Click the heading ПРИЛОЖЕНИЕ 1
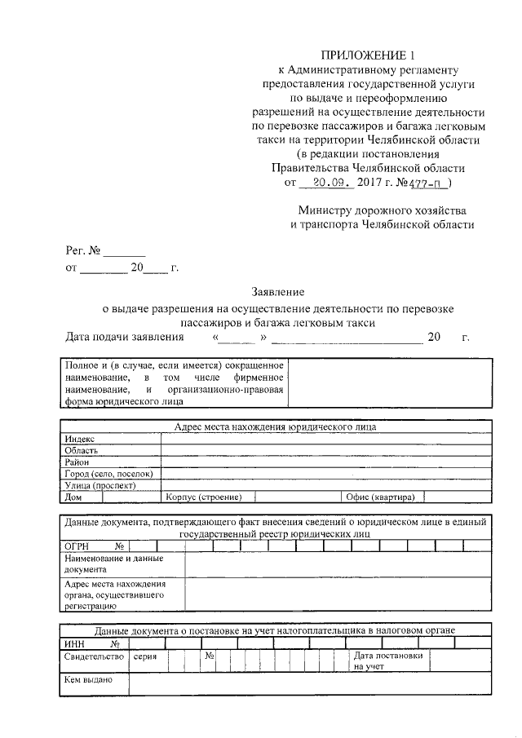click(368, 55)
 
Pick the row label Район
click(78, 462)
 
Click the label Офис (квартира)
click(380, 497)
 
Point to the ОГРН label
click(77, 546)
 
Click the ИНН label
click(75, 643)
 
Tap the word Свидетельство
click(93, 656)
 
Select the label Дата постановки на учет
click(388, 661)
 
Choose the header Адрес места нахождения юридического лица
click(276, 427)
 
